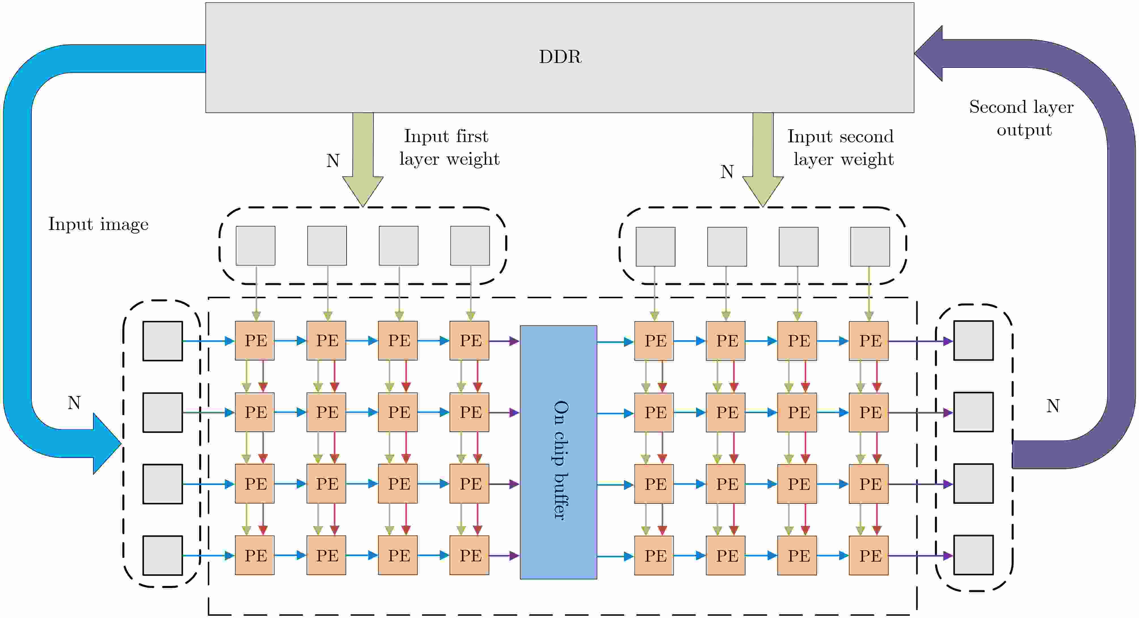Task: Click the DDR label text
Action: [560, 57]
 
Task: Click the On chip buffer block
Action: [558, 452]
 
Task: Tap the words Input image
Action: [98, 225]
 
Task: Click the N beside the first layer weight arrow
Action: [333, 160]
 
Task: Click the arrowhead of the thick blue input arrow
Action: [106, 443]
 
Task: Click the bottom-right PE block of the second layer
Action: [869, 556]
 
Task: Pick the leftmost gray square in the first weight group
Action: [256, 246]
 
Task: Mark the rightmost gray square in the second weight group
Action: [870, 247]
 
